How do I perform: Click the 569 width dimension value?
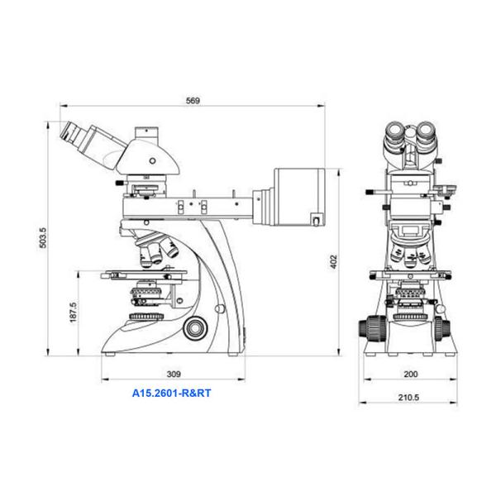[193, 101]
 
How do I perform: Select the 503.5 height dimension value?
[43, 237]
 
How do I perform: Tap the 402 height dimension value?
[334, 262]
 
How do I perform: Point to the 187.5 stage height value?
[73, 312]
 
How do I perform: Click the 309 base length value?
[174, 374]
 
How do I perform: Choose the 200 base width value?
[411, 374]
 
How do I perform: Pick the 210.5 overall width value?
[408, 398]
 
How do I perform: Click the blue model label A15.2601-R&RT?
[171, 393]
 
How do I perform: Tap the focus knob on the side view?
[195, 328]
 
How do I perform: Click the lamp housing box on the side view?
[299, 197]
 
